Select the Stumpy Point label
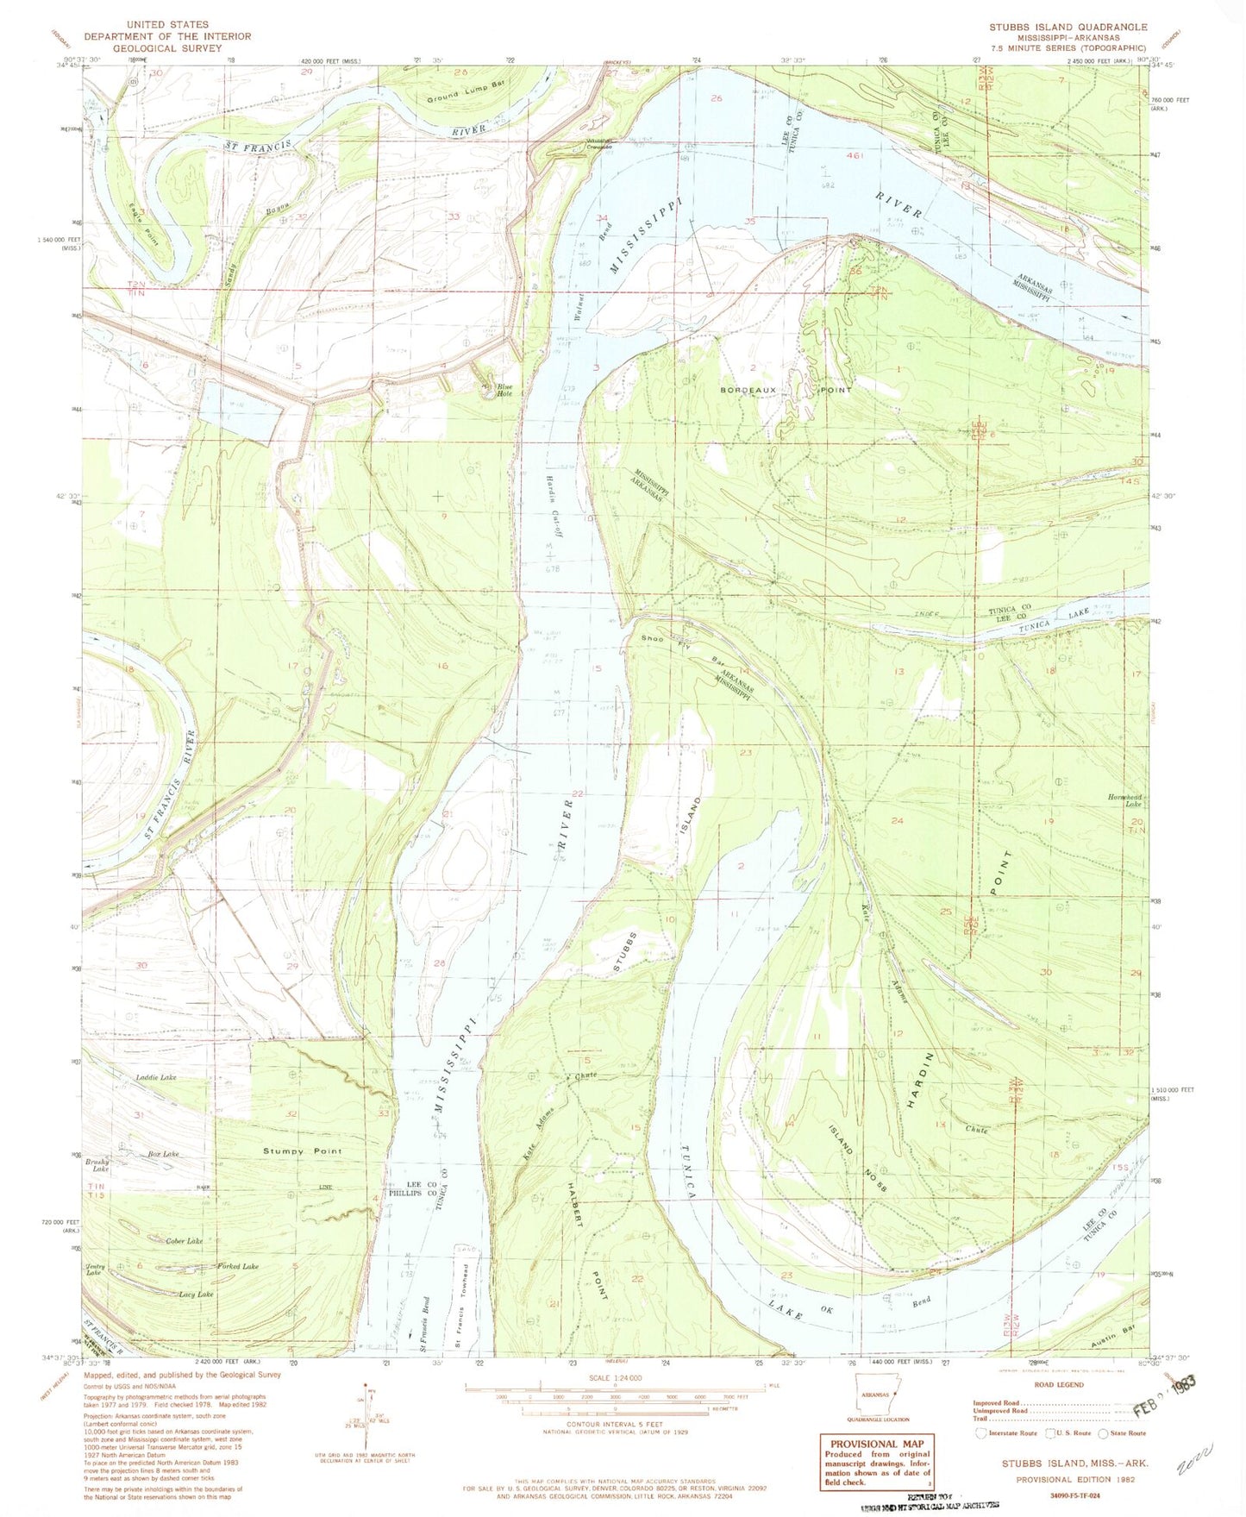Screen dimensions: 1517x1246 coord(302,1150)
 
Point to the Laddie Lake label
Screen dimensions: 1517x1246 coord(155,1077)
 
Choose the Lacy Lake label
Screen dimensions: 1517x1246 coord(196,1294)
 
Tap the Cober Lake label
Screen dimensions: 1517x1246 coord(185,1240)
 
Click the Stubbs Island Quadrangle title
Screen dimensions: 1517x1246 coord(1068,27)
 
